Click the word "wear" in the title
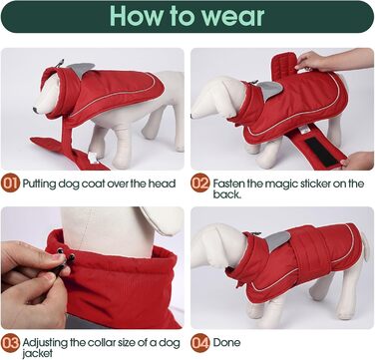pos(234,16)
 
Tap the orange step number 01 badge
pos(10,183)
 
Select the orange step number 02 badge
pos(200,184)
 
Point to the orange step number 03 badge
pos(10,342)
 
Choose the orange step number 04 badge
pos(200,342)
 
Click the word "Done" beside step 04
pos(226,342)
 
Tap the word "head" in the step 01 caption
pos(162,183)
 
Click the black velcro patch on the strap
pos(321,152)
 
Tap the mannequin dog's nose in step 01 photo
pos(35,110)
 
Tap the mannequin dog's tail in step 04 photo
pos(365,246)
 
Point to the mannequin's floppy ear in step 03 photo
pos(163,220)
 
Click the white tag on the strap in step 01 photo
pos(93,158)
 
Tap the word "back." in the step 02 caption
pos(226,194)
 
